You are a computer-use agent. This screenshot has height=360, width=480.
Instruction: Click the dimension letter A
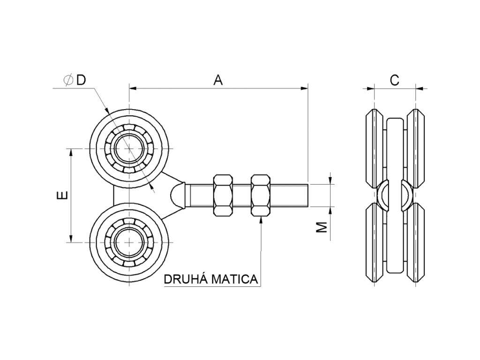[217, 81]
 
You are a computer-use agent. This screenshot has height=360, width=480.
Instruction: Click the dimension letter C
[394, 81]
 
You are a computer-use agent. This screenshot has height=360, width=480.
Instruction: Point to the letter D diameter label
[82, 81]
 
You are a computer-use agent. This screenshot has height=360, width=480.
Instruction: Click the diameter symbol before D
[68, 81]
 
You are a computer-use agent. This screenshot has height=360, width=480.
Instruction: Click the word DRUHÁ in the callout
[186, 279]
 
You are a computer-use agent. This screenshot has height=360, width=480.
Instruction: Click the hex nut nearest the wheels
[223, 195]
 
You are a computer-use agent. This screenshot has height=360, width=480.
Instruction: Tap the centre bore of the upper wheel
[128, 148]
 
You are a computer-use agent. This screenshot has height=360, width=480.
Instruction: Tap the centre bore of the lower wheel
[128, 242]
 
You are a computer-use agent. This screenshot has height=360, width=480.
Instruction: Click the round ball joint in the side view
[395, 195]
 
